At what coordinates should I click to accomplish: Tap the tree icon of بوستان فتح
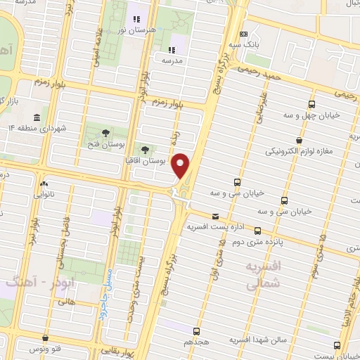(x=104, y=133)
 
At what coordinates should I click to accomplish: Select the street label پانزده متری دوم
(x=258, y=240)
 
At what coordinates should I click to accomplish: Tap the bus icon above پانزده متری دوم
(x=258, y=230)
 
